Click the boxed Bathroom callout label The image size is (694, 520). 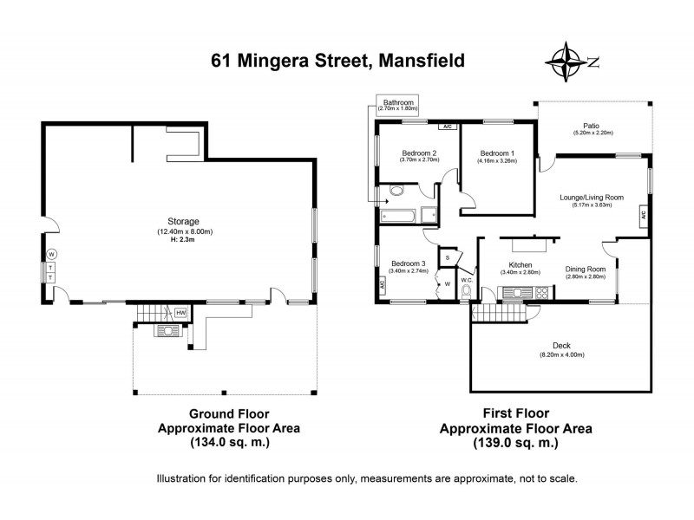coord(398,106)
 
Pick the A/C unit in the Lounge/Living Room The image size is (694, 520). coord(643,214)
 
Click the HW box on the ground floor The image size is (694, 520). coord(180,312)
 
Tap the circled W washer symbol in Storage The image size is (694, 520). coord(52,254)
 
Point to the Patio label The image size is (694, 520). coord(593,124)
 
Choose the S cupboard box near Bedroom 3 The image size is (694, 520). coord(448,257)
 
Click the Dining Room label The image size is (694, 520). coord(585,269)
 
